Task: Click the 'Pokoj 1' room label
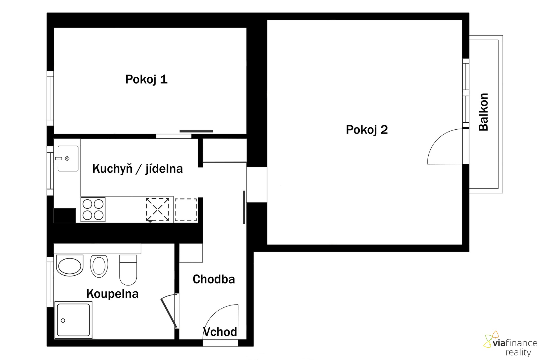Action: point(146,80)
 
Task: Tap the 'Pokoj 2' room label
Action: point(367,130)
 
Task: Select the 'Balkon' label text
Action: point(483,112)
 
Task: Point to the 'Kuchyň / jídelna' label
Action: point(138,169)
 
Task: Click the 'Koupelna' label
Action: point(112,294)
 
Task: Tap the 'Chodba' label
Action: point(214,279)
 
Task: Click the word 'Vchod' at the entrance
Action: point(220,332)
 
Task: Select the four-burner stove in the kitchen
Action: point(93,210)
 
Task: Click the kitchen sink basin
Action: point(68,158)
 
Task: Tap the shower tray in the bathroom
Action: point(73,319)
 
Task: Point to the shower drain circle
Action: point(63,321)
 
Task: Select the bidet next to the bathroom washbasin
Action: point(99,266)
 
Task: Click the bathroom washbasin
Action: point(69,265)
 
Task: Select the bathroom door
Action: point(169,313)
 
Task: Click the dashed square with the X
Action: point(157,210)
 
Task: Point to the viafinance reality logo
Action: point(510,344)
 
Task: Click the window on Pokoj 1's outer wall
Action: point(50,98)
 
